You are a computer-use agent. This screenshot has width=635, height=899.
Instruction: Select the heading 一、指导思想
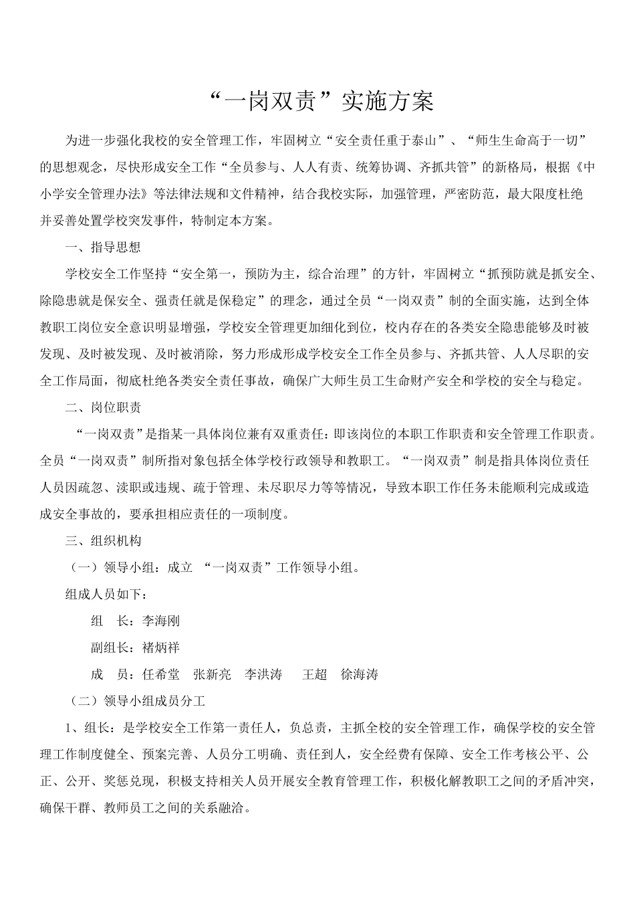click(103, 247)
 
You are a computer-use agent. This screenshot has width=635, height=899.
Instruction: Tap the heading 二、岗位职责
click(103, 407)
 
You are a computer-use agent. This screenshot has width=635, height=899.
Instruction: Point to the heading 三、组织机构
click(103, 540)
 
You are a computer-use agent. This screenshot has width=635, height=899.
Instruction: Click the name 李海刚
click(160, 621)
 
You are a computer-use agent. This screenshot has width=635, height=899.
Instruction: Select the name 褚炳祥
click(160, 647)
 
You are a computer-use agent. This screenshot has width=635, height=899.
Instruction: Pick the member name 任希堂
click(160, 674)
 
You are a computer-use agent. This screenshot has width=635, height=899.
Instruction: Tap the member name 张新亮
click(212, 674)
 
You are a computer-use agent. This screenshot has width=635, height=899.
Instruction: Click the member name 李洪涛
click(263, 674)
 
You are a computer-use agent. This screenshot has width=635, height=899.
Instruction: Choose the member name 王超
click(314, 674)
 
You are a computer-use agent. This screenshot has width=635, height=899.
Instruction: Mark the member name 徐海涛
click(359, 674)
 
